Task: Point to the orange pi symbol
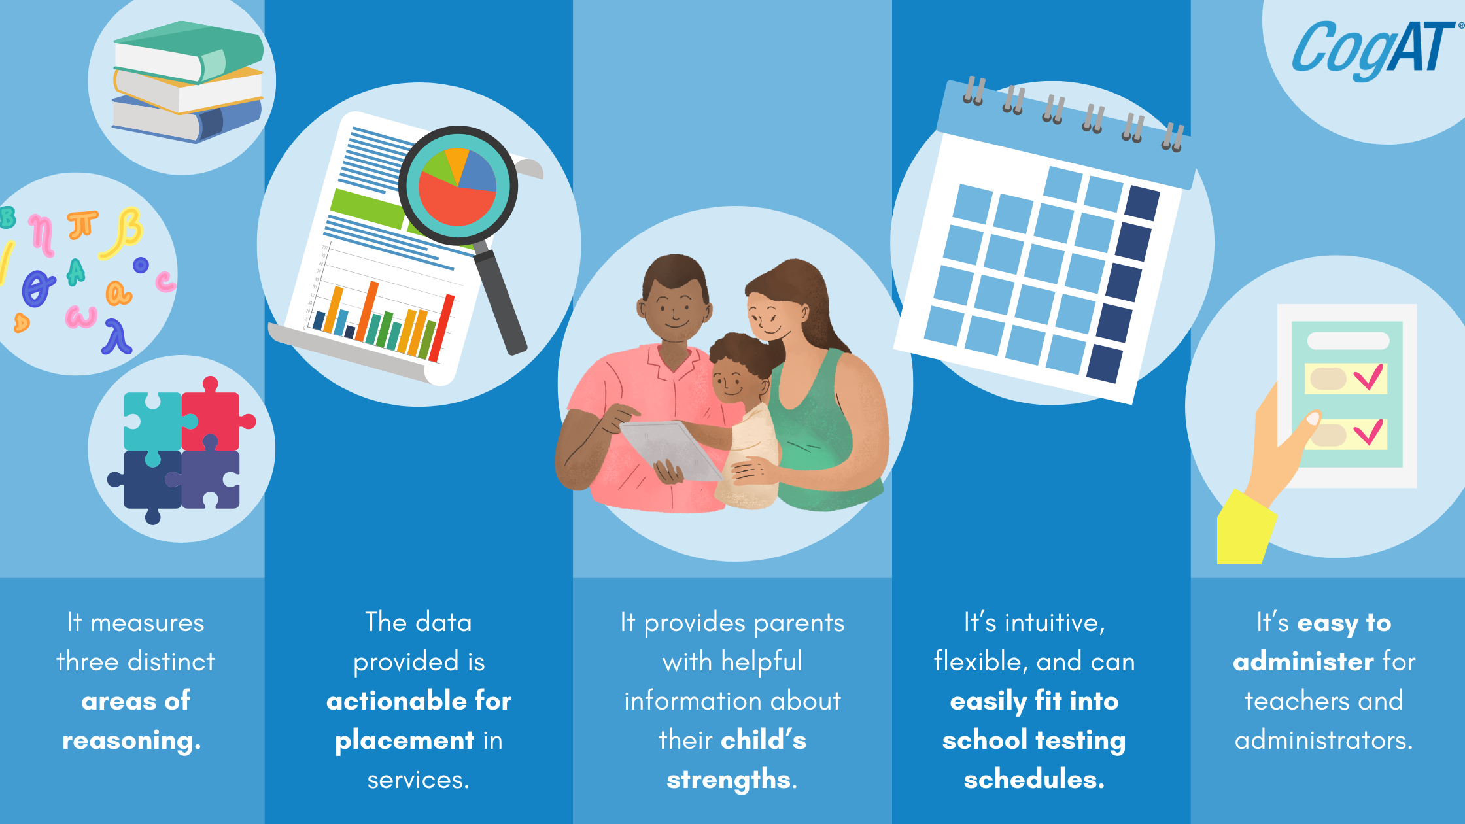[x=82, y=225]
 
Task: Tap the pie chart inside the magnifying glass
[x=458, y=186]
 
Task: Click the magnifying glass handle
[x=500, y=301]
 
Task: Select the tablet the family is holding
[x=671, y=451]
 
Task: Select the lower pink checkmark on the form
[x=1368, y=432]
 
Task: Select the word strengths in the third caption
[x=729, y=780]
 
